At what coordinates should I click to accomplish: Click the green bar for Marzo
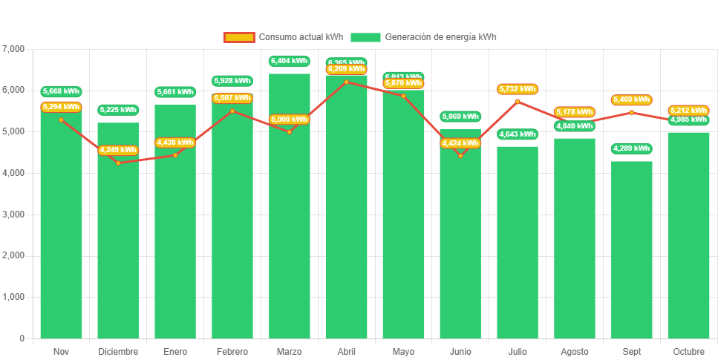[290, 208]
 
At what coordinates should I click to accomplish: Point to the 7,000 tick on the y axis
[14, 49]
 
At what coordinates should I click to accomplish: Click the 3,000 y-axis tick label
[14, 215]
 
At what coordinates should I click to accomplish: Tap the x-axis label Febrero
[232, 351]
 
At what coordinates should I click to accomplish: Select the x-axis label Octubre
[688, 351]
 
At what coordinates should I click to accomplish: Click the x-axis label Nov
[61, 351]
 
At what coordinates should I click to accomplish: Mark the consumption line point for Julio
[518, 102]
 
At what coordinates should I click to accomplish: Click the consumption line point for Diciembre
[118, 163]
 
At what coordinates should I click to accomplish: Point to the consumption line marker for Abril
[347, 82]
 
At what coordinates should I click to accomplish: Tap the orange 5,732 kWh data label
[518, 89]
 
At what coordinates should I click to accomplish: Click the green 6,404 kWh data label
[290, 61]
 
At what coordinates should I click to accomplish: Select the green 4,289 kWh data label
[632, 148]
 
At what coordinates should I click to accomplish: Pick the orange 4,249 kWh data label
[118, 150]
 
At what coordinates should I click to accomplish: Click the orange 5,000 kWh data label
[290, 120]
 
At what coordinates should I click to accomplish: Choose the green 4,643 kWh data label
[518, 134]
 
